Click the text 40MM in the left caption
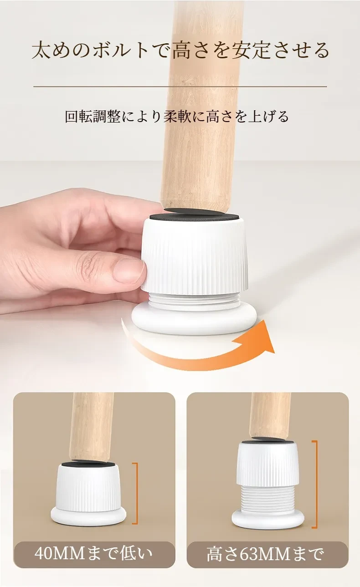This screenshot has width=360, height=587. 61,553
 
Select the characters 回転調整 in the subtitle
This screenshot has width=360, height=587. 93,116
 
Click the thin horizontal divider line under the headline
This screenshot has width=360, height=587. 180,86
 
